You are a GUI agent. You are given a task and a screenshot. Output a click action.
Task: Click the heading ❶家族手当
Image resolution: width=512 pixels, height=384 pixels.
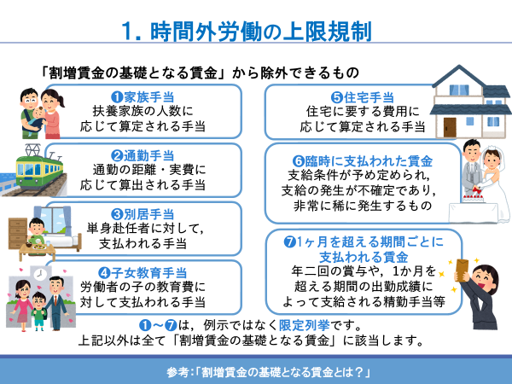[143, 97]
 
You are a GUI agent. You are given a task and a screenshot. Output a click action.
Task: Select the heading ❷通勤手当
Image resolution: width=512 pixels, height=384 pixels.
[143, 156]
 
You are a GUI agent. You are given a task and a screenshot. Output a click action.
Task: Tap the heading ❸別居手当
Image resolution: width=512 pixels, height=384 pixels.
[143, 214]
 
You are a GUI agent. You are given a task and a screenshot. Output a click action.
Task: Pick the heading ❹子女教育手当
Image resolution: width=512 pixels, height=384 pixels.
[143, 273]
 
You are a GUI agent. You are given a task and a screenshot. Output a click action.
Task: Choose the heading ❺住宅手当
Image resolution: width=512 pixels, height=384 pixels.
[363, 97]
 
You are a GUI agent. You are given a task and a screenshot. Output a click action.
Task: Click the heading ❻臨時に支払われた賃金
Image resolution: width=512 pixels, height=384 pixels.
[363, 161]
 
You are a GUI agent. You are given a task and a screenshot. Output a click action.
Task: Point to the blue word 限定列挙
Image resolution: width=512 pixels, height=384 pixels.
[305, 325]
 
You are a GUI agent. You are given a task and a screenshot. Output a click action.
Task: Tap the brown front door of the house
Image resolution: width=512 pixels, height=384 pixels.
[450, 127]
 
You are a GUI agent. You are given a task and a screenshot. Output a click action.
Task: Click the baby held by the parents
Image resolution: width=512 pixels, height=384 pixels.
[37, 119]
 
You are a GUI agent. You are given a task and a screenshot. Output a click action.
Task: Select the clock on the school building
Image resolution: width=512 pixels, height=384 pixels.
[40, 274]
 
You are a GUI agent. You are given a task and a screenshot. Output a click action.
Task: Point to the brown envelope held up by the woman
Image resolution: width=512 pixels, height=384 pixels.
[462, 270]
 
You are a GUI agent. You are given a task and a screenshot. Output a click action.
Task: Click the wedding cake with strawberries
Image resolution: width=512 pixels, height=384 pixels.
[472, 195]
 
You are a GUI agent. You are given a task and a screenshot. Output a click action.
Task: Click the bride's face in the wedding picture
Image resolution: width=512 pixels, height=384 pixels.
[491, 159]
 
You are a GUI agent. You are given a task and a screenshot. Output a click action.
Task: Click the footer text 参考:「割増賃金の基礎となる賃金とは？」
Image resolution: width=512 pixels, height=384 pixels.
[268, 372]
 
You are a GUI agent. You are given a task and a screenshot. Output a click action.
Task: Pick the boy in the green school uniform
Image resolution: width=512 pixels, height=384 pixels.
[39, 311]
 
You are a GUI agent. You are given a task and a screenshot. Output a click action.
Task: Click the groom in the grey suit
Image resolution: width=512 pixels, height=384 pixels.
[472, 166]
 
